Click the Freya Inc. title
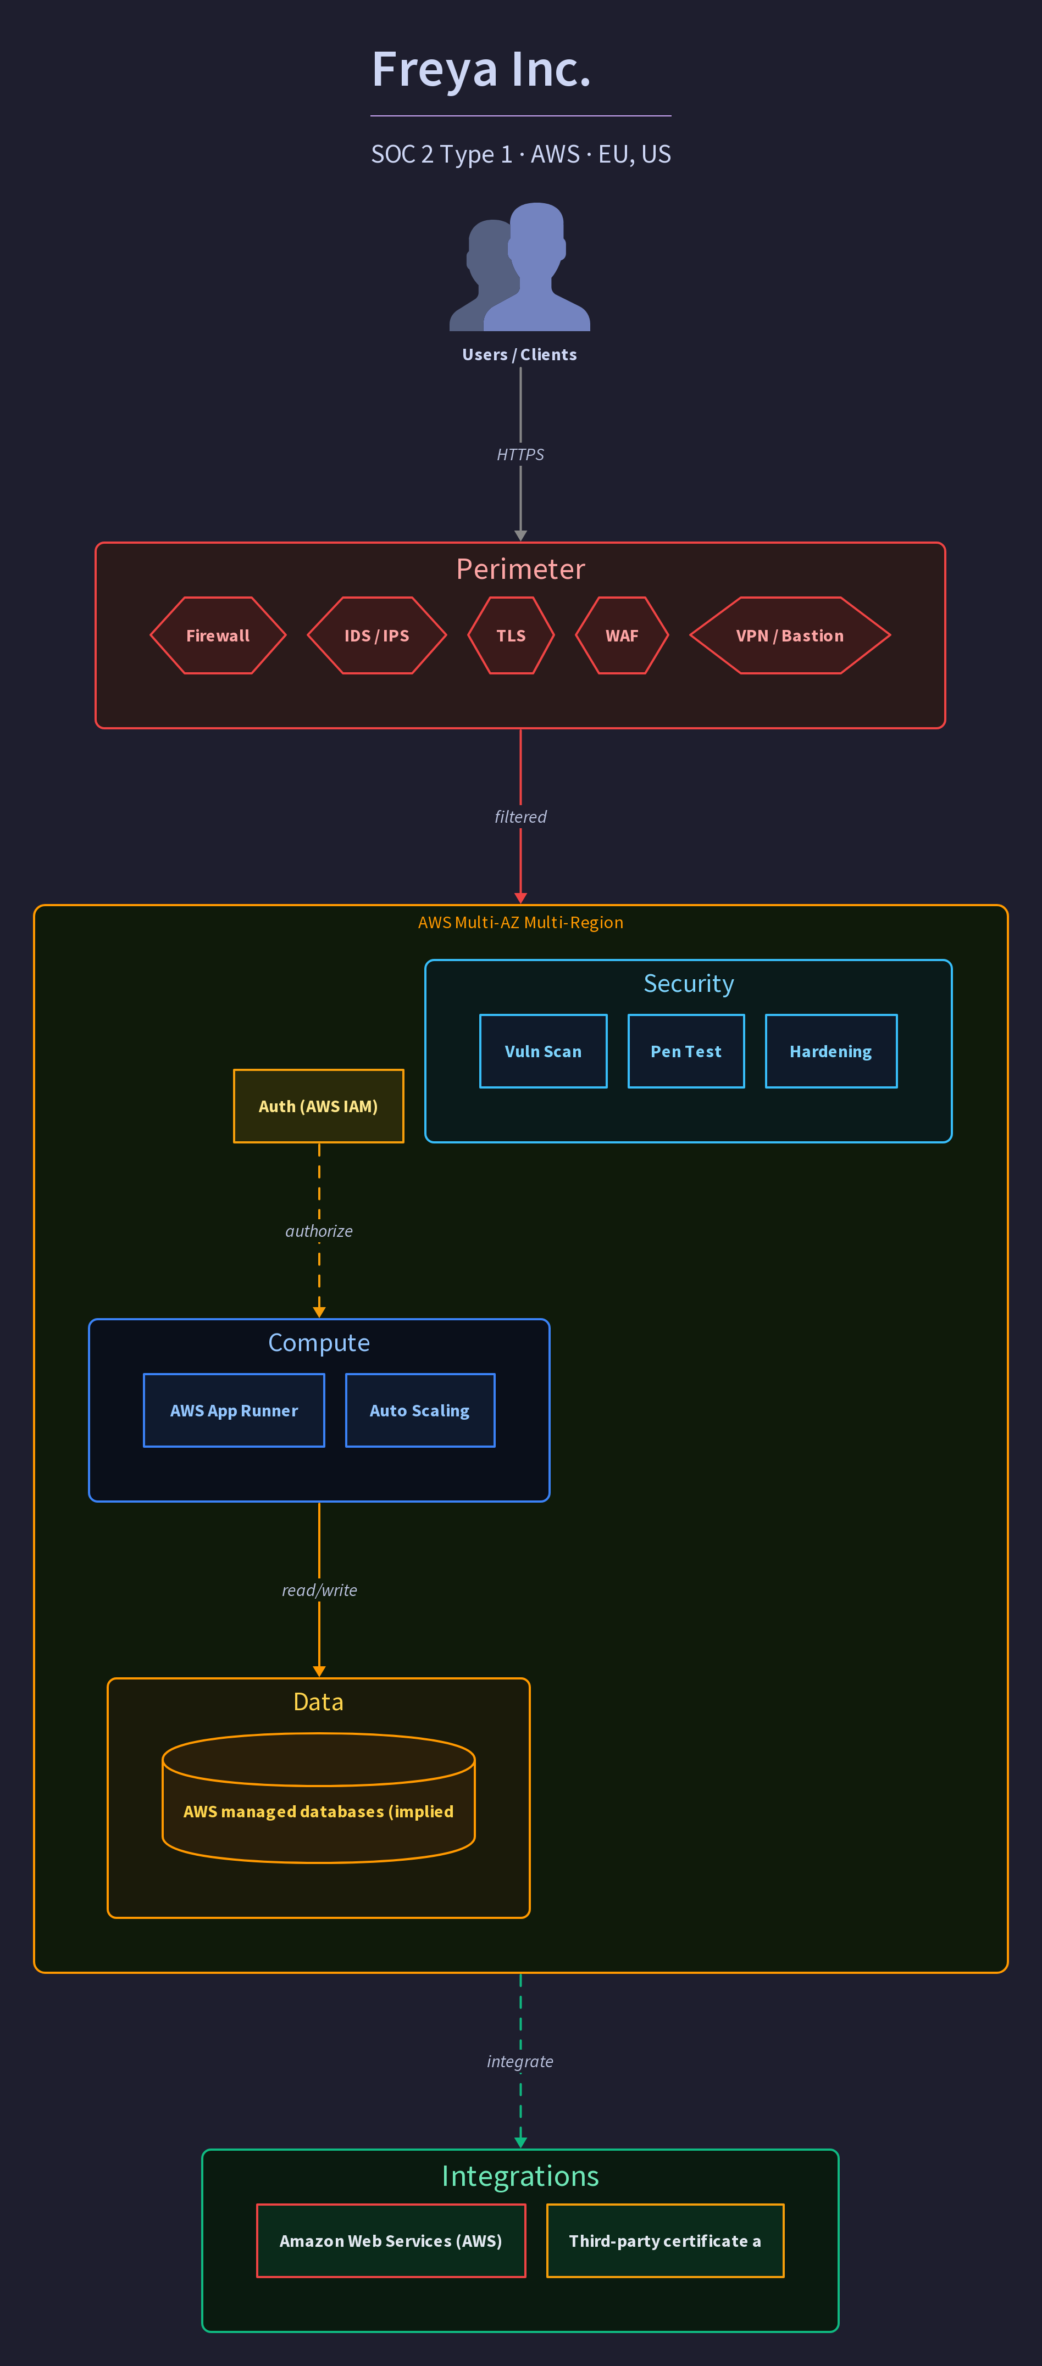pyautogui.click(x=480, y=70)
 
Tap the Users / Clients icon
pyautogui.click(x=520, y=266)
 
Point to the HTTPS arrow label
pyautogui.click(x=520, y=455)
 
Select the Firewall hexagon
pyautogui.click(x=218, y=635)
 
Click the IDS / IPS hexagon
pyautogui.click(x=377, y=635)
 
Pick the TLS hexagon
pyautogui.click(x=511, y=635)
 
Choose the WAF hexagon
pyautogui.click(x=622, y=635)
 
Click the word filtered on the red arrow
pyautogui.click(x=520, y=817)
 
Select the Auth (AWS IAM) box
pyautogui.click(x=319, y=1106)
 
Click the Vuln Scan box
pyautogui.click(x=543, y=1052)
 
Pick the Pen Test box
pyautogui.click(x=686, y=1052)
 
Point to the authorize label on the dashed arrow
pyautogui.click(x=319, y=1231)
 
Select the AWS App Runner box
pyautogui.click(x=234, y=1411)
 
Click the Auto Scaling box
pyautogui.click(x=420, y=1411)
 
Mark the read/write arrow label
pyautogui.click(x=319, y=1590)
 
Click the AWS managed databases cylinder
pyautogui.click(x=319, y=1798)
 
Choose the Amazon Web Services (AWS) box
pyautogui.click(x=391, y=2241)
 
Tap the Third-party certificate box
pyautogui.click(x=665, y=2241)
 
